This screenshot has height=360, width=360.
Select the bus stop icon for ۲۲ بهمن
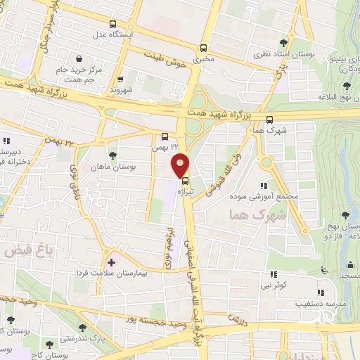tap(165, 137)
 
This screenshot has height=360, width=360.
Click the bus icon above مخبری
tap(203, 49)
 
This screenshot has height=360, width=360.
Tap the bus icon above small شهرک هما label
tap(270, 120)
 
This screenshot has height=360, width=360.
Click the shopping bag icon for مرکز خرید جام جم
tap(82, 58)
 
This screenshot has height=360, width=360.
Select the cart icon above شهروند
tap(121, 80)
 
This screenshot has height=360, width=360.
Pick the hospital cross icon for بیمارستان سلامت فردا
tap(111, 262)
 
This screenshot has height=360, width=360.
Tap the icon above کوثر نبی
tap(271, 276)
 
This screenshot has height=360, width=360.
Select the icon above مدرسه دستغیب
tap(321, 292)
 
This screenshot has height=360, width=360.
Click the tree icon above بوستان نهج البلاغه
tap(347, 86)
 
